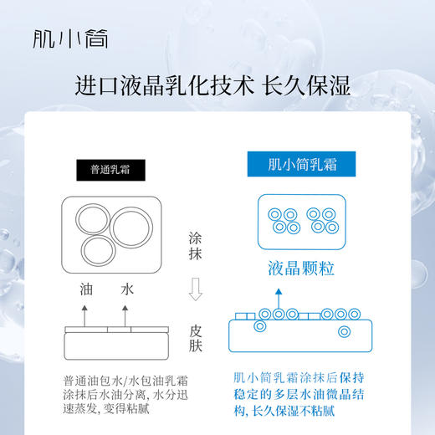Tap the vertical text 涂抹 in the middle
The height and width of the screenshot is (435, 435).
point(197,248)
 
